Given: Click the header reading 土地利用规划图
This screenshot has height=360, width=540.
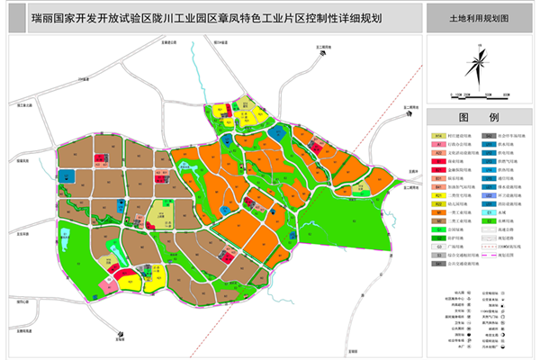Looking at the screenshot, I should click(x=478, y=16).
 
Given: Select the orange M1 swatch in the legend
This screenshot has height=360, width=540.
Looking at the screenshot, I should click(x=439, y=230).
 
